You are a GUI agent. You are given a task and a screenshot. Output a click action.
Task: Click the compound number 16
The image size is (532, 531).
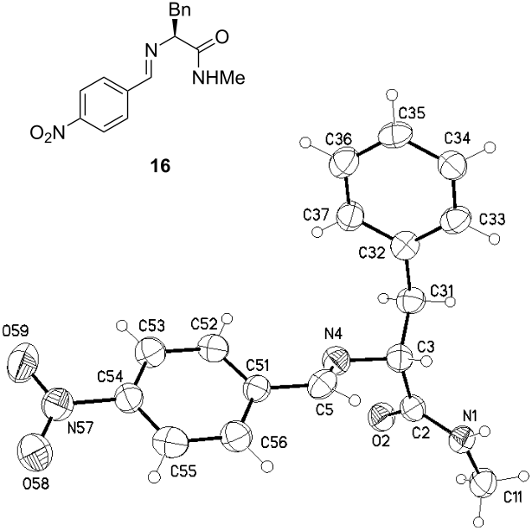coord(161,167)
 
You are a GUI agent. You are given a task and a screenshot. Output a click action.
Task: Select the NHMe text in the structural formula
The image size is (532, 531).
coord(218,78)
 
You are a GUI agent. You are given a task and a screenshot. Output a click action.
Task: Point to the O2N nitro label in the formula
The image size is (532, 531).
coord(48,133)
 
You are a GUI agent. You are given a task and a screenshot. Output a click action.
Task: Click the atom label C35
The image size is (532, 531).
coord(412,113)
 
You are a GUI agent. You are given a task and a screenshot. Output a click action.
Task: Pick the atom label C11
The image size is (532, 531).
coord(516,497)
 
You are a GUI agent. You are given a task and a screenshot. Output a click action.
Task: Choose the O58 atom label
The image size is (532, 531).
coord(35,483)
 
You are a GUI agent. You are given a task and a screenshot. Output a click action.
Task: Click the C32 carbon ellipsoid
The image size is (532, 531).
coord(406,246)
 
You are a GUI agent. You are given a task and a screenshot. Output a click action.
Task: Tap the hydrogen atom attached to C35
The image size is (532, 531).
coord(392,93)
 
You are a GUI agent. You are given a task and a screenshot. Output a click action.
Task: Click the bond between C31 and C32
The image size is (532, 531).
coord(409,274)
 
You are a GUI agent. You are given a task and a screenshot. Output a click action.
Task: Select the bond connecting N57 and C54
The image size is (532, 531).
coord(94,400)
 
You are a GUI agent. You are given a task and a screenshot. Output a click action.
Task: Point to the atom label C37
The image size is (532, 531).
coord(315,214)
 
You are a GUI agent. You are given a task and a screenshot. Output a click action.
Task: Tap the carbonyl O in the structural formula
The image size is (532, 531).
coord(221,37)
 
